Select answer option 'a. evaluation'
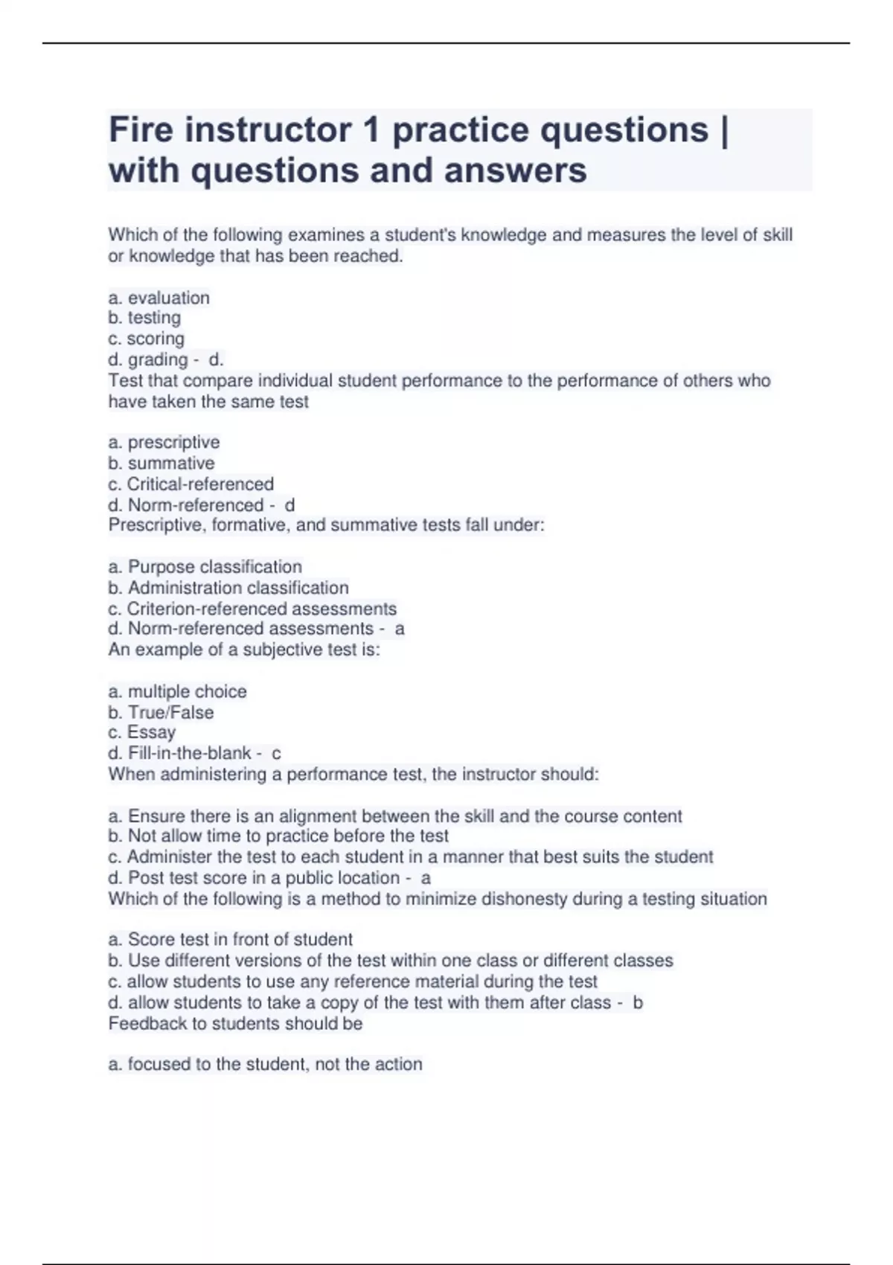[159, 298]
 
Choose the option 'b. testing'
[144, 318]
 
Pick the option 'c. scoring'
[146, 339]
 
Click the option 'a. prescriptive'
[164, 442]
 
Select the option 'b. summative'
[161, 463]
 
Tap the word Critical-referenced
[200, 484]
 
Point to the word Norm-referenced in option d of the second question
[196, 505]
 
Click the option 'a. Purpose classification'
[205, 567]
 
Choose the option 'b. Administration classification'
[228, 588]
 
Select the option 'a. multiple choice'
[177, 691]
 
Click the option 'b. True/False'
[161, 712]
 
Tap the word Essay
[151, 732]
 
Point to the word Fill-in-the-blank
[189, 753]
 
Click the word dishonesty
[524, 899]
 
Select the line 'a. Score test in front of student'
[230, 939]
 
